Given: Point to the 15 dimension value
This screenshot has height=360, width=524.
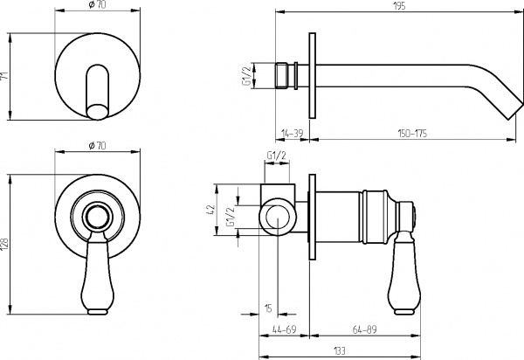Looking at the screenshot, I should pyautogui.click(x=268, y=307).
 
